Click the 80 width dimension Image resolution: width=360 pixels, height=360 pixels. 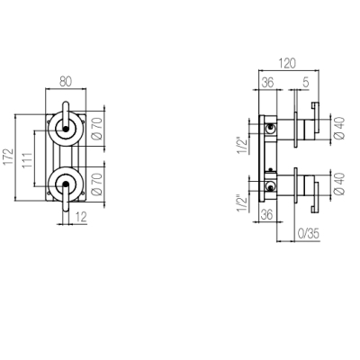click(x=66, y=82)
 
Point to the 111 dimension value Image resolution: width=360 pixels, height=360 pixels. click(x=28, y=160)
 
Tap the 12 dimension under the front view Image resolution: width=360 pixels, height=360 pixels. click(x=81, y=217)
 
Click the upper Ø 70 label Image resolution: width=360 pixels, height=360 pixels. click(x=97, y=129)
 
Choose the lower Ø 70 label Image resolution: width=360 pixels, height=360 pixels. click(x=97, y=184)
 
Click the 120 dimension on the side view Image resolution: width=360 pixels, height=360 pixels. click(x=287, y=63)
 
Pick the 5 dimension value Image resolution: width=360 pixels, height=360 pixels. click(x=306, y=82)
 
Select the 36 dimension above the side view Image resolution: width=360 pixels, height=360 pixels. click(x=267, y=82)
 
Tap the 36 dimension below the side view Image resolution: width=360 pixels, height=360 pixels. click(x=266, y=215)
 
